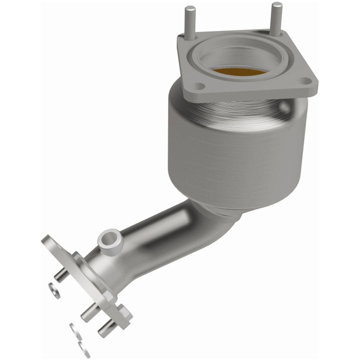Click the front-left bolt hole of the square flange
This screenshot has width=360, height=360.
point(198,86)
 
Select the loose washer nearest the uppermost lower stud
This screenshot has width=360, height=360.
point(54,290)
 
